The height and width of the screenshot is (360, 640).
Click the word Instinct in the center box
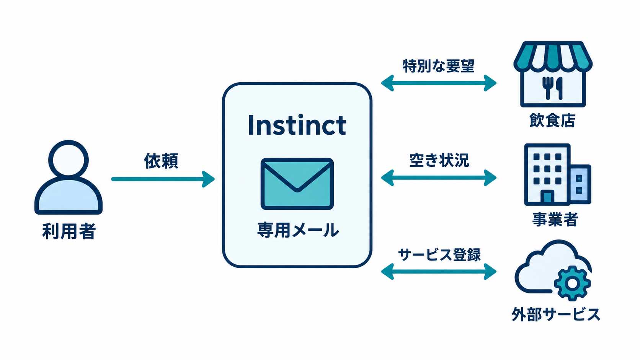click(x=297, y=125)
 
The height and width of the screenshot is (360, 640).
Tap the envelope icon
click(x=297, y=184)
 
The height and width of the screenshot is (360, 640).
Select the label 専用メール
click(x=298, y=230)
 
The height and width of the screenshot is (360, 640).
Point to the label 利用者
click(x=69, y=231)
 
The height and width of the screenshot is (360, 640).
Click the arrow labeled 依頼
click(x=163, y=179)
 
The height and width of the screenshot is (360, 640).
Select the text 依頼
click(x=161, y=161)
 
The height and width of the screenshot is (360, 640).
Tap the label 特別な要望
click(x=439, y=66)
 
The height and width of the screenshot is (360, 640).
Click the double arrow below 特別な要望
click(x=439, y=83)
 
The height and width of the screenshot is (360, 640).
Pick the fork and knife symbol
click(x=552, y=88)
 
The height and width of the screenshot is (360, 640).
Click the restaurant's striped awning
click(x=553, y=56)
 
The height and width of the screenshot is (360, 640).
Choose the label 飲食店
click(x=552, y=120)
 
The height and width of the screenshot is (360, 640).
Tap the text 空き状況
click(x=439, y=160)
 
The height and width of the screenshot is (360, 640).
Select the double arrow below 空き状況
click(x=439, y=178)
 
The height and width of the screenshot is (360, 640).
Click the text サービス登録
click(x=439, y=255)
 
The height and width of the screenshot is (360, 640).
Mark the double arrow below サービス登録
click(x=439, y=272)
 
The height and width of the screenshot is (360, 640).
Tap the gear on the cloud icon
click(x=572, y=283)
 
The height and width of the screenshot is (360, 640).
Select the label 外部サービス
click(x=556, y=314)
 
